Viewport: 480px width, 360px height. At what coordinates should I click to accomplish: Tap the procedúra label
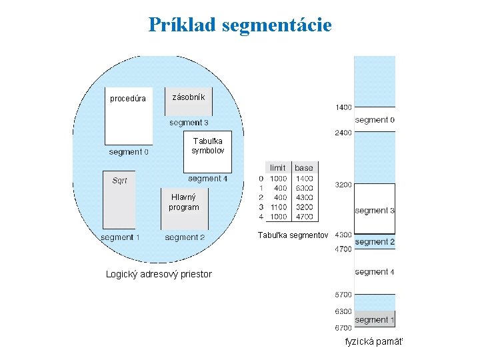click(x=128, y=99)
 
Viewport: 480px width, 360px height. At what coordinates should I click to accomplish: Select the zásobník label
click(x=189, y=97)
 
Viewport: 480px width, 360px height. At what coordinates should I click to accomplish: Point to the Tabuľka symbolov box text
click(x=208, y=146)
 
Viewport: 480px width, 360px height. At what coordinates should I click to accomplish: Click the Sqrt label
click(x=119, y=181)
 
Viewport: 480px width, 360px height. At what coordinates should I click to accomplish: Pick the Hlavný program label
click(x=183, y=202)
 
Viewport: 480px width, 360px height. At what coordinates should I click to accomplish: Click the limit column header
click(x=278, y=167)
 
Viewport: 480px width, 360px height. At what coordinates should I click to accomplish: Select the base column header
click(x=303, y=167)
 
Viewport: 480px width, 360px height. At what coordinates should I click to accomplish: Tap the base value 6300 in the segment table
click(x=304, y=188)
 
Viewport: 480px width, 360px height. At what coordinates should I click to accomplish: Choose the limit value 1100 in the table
click(x=278, y=207)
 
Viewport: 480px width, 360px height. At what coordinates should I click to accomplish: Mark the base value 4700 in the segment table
click(x=304, y=217)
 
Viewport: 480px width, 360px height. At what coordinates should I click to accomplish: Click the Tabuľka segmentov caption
click(x=293, y=235)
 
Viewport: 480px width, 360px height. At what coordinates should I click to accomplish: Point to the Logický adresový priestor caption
click(x=159, y=274)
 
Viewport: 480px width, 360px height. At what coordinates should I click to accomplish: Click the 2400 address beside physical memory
click(x=343, y=133)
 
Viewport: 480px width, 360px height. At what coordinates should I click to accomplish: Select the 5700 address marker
click(x=343, y=294)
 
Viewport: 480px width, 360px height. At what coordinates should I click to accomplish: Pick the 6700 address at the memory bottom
click(x=343, y=327)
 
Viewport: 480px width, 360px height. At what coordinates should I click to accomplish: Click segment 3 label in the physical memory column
click(x=375, y=211)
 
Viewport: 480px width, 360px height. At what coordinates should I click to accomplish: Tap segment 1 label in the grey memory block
click(x=375, y=320)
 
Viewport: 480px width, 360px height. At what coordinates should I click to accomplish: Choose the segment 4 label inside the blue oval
click(x=207, y=179)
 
